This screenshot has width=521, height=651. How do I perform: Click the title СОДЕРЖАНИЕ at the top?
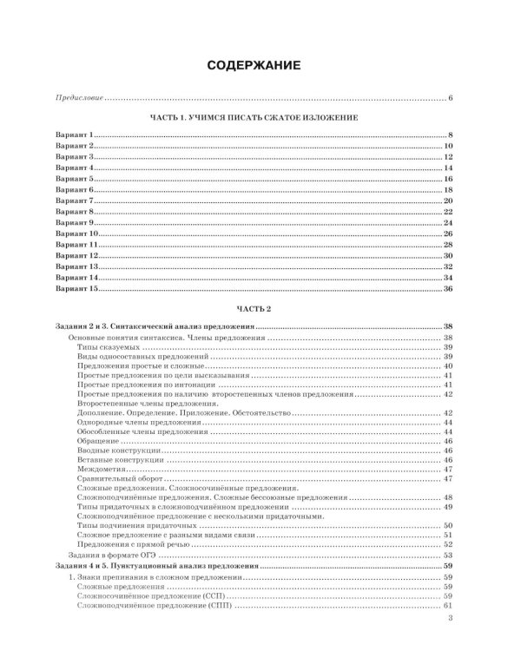[x=260, y=65]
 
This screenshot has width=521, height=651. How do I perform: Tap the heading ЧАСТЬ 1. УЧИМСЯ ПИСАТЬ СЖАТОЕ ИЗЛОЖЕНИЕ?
[x=260, y=117]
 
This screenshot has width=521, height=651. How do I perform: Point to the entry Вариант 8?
[x=75, y=211]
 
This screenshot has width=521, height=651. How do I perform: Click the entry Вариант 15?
[x=77, y=288]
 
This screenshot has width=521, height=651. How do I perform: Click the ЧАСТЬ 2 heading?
[x=260, y=309]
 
